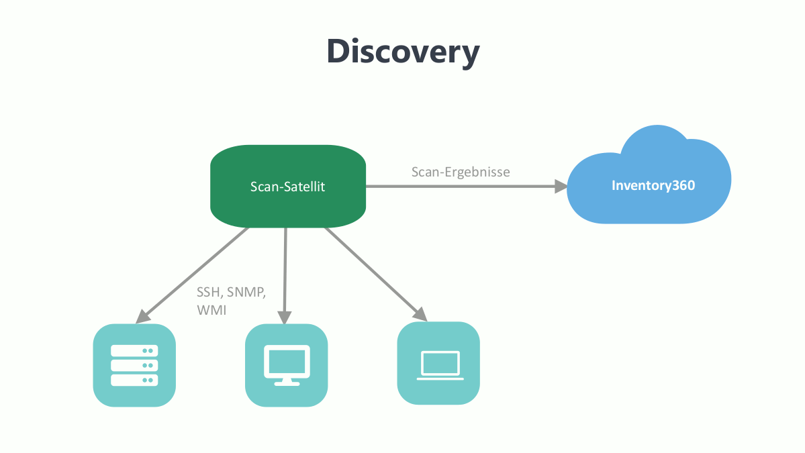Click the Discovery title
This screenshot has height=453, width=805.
coord(403,51)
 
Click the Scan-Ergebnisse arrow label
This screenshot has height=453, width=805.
coord(461,172)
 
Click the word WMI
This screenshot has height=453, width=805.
coord(211,311)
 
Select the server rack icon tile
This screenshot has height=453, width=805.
coord(134,365)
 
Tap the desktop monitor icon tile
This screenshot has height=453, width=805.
coord(287,365)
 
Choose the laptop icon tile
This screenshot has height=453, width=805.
coord(439,363)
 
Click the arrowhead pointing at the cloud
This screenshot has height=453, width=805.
coord(561,187)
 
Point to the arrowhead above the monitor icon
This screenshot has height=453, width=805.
coord(285,317)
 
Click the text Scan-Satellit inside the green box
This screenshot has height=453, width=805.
coord(287,187)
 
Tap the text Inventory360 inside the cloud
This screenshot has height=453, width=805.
coord(653,186)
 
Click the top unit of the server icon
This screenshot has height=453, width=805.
coord(134,350)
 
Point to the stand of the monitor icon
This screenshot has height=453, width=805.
coord(287,381)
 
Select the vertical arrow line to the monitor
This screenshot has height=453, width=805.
coord(285,268)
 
